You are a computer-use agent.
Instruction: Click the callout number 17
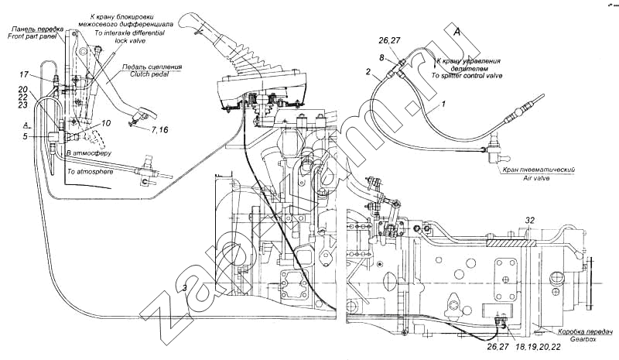pyautogui.click(x=24, y=74)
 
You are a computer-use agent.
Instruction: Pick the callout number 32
pyautogui.click(x=531, y=220)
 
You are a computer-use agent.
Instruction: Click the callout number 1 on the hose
pyautogui.click(x=444, y=103)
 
